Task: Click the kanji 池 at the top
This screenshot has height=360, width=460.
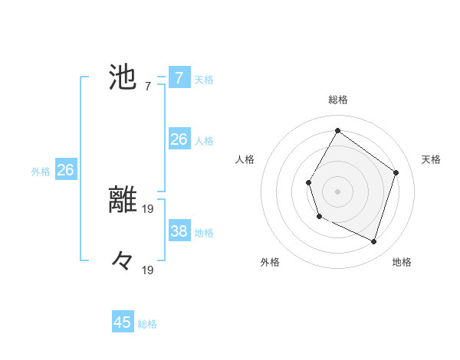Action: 123,77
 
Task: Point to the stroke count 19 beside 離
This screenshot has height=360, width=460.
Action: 149,207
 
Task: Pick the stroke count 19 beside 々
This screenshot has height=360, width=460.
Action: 149,269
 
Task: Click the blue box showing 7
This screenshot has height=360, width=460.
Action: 179,78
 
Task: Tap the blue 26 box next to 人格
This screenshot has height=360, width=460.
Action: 179,139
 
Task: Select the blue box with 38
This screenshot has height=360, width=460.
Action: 179,231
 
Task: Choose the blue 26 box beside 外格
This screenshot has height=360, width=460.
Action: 65,170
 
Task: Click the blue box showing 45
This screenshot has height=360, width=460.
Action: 123,322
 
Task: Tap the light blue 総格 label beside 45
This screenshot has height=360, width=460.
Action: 147,324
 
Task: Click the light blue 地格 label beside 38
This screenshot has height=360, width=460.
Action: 204,232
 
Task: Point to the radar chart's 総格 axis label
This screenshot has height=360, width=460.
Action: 337,100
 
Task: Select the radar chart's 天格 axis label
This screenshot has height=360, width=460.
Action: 431,159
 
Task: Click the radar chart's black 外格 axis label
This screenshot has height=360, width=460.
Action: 270,262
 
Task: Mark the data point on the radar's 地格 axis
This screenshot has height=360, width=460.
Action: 373,242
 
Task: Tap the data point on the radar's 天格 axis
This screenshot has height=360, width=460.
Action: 396,172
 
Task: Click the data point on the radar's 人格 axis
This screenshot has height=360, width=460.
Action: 308,182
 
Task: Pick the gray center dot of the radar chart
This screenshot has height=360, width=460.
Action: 337,191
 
